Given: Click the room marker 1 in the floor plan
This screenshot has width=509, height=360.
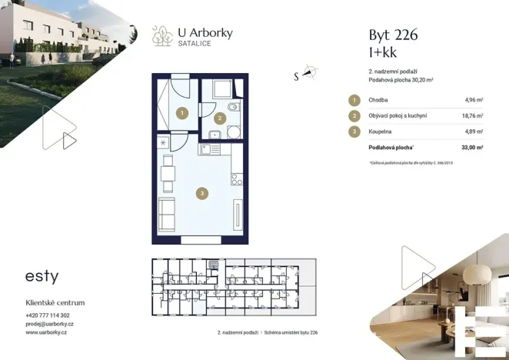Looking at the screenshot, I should pyautogui.click(x=181, y=113).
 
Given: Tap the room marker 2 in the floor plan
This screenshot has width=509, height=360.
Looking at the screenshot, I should pyautogui.click(x=220, y=118).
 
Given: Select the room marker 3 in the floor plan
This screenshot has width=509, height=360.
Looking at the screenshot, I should pyautogui.click(x=201, y=193).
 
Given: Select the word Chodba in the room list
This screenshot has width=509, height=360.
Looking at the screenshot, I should pyautogui.click(x=378, y=100).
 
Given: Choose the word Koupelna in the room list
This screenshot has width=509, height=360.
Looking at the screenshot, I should pyautogui.click(x=381, y=132).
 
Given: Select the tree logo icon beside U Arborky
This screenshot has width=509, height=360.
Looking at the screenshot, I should pyautogui.click(x=162, y=35).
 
